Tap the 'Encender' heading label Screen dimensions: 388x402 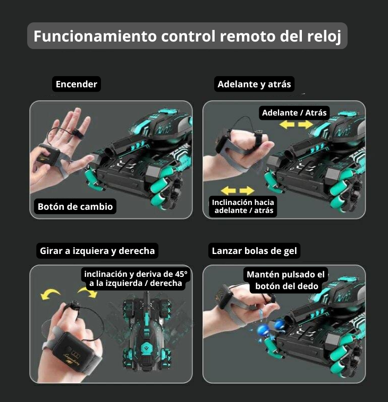[x=76, y=84]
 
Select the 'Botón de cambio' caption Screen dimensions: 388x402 [x=75, y=207]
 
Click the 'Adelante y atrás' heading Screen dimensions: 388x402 [x=254, y=84]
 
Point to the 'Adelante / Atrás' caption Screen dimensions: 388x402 [x=294, y=113]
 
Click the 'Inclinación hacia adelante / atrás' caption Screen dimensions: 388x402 [x=243, y=207]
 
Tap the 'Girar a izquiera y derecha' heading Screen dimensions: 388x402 [x=97, y=251]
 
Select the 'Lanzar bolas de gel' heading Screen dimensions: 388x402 [x=254, y=251]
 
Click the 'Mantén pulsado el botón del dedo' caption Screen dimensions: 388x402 [x=285, y=280]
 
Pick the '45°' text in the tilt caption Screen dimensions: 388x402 [x=181, y=274]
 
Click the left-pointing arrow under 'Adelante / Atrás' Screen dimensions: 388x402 [x=287, y=125]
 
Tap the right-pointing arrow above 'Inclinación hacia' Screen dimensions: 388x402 [x=247, y=191]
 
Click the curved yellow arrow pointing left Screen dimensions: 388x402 [x=50, y=294]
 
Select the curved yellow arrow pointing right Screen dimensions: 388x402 [x=88, y=292]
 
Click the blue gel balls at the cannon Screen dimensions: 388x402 [x=272, y=327]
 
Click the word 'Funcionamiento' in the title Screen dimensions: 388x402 [x=95, y=36]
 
